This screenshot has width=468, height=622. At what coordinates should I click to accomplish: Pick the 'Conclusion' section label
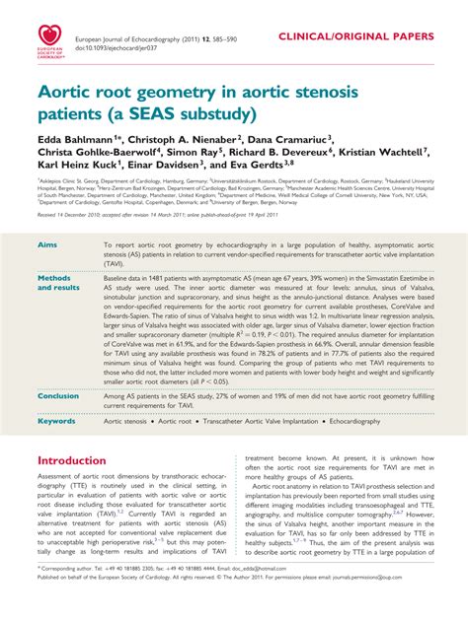(58, 395)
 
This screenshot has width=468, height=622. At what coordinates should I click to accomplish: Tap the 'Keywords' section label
(55, 421)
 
